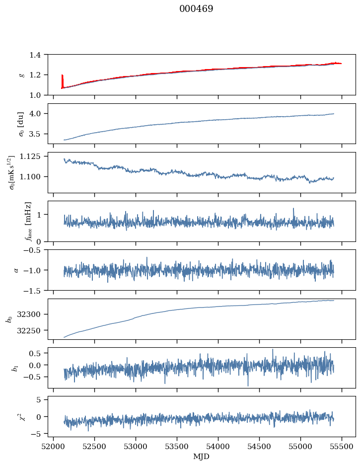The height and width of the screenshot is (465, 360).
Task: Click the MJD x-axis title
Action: [202, 456]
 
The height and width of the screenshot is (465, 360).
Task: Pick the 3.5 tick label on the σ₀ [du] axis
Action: [37, 134]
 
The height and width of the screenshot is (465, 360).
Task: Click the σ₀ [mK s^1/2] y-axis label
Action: [12, 172]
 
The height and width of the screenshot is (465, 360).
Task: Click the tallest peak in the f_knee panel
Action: [293, 209]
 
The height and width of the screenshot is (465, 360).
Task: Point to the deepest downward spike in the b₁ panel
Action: [248, 385]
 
